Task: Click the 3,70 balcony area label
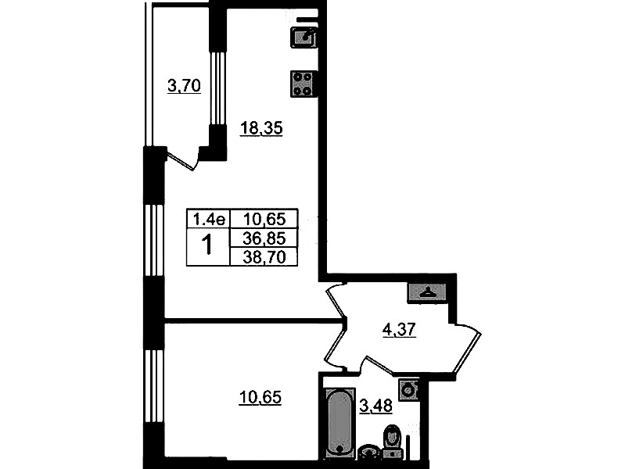pyautogui.click(x=184, y=86)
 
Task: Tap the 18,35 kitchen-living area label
pyautogui.click(x=261, y=128)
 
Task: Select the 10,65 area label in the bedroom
pyautogui.click(x=260, y=397)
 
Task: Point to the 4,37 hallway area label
pyautogui.click(x=400, y=330)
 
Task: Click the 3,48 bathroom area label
pyautogui.click(x=376, y=406)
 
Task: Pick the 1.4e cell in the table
pyautogui.click(x=209, y=218)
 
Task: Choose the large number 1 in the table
pyautogui.click(x=207, y=245)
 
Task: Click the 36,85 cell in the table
pyautogui.click(x=264, y=238)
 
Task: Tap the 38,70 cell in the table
pyautogui.click(x=264, y=257)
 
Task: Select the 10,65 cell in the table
pyautogui.click(x=264, y=218)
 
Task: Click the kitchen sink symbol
pyautogui.click(x=304, y=37)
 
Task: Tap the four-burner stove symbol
pyautogui.click(x=303, y=84)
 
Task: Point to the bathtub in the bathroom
pyautogui.click(x=339, y=421)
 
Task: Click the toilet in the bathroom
pyautogui.click(x=393, y=442)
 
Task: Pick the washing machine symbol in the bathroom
pyautogui.click(x=408, y=388)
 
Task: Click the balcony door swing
pyautogui.click(x=183, y=158)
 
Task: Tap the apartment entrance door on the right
pyautogui.click(x=467, y=348)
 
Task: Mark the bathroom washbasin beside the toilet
pyautogui.click(x=369, y=453)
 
